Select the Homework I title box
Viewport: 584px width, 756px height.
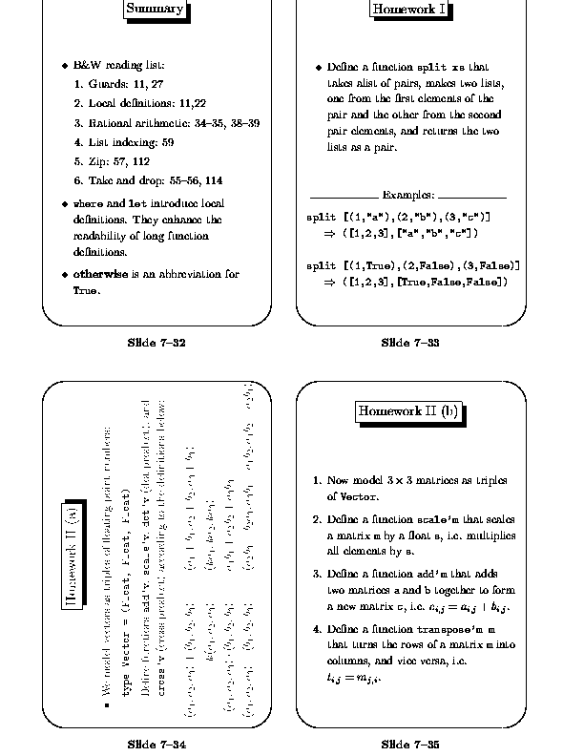pyautogui.click(x=410, y=10)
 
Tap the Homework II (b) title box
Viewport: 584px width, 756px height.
pyautogui.click(x=409, y=411)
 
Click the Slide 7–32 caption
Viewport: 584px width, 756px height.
pyautogui.click(x=156, y=343)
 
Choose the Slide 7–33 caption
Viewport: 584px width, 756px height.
pyautogui.click(x=410, y=343)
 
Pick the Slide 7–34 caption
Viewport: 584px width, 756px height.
pyautogui.click(x=156, y=744)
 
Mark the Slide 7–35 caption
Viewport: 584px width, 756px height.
pyautogui.click(x=410, y=744)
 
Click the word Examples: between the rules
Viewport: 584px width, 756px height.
pyautogui.click(x=408, y=196)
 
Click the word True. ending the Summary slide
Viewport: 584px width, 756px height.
pyautogui.click(x=87, y=290)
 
